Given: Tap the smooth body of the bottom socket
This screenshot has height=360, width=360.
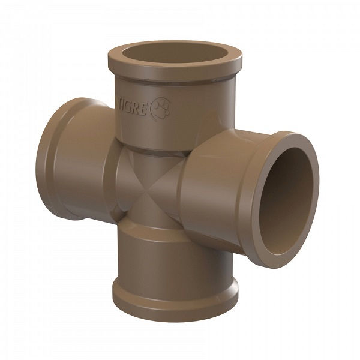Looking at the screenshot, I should [x=174, y=258].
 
